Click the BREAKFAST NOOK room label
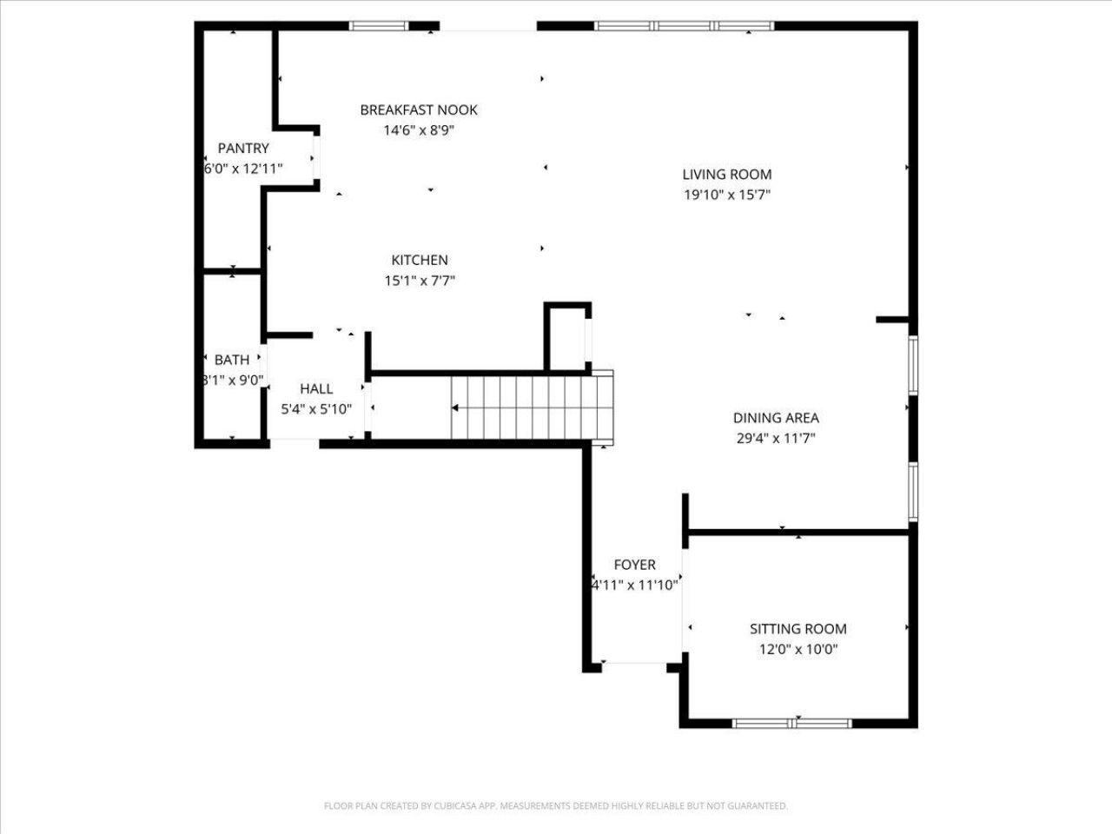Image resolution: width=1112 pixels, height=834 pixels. (x=419, y=109)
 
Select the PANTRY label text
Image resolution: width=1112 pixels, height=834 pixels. (x=243, y=149)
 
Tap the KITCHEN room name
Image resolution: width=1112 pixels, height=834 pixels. (x=420, y=261)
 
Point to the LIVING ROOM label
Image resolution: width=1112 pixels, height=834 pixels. (x=727, y=175)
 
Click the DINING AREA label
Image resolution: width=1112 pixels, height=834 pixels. (x=776, y=418)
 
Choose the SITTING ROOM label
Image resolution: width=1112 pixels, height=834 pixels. (x=798, y=629)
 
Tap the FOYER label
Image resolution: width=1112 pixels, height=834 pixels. (x=634, y=565)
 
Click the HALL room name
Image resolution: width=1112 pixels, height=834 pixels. (x=316, y=389)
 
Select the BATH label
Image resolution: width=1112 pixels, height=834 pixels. (x=232, y=360)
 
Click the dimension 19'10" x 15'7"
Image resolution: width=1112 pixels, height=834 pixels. (x=727, y=195)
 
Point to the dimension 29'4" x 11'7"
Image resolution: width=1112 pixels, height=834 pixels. (x=776, y=439)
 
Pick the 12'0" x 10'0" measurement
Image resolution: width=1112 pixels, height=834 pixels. (x=798, y=649)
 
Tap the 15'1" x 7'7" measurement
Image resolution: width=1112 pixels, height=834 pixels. (x=420, y=281)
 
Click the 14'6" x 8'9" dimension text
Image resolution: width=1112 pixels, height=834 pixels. (x=419, y=130)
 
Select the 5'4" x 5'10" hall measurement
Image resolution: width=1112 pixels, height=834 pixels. (x=316, y=409)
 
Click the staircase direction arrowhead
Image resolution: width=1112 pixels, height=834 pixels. (x=455, y=407)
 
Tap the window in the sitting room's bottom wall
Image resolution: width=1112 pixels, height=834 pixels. (x=791, y=723)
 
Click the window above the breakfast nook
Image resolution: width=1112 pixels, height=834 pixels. (x=379, y=26)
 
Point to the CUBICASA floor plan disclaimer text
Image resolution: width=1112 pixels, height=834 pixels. (x=556, y=805)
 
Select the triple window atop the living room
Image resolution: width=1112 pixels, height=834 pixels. (x=684, y=26)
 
